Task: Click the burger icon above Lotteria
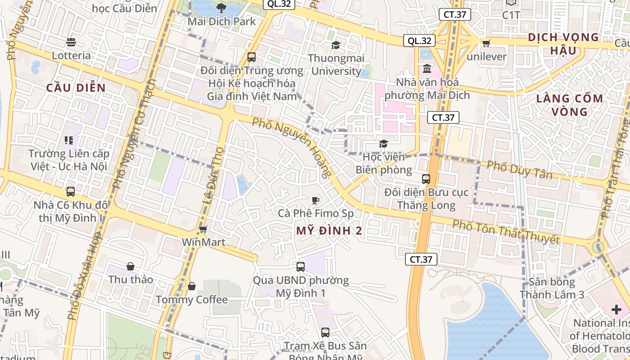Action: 71,42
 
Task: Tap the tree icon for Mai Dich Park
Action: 221,8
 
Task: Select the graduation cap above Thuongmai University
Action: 336,45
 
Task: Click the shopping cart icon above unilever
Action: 486,44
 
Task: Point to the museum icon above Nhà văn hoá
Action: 427,69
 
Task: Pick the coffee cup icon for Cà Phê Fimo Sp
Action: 315,200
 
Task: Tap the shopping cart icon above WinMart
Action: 203,229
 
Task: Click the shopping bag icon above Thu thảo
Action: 130,266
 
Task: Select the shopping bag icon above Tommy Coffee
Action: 192,286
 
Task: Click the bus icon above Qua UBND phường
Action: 301,267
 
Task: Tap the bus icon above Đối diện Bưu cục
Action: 426,179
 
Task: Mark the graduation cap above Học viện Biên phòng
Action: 383,144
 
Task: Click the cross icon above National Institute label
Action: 616,310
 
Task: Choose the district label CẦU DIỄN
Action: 76,88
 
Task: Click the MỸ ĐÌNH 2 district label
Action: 329,231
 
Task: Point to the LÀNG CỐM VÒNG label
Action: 569,105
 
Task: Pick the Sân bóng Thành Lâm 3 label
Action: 552,288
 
